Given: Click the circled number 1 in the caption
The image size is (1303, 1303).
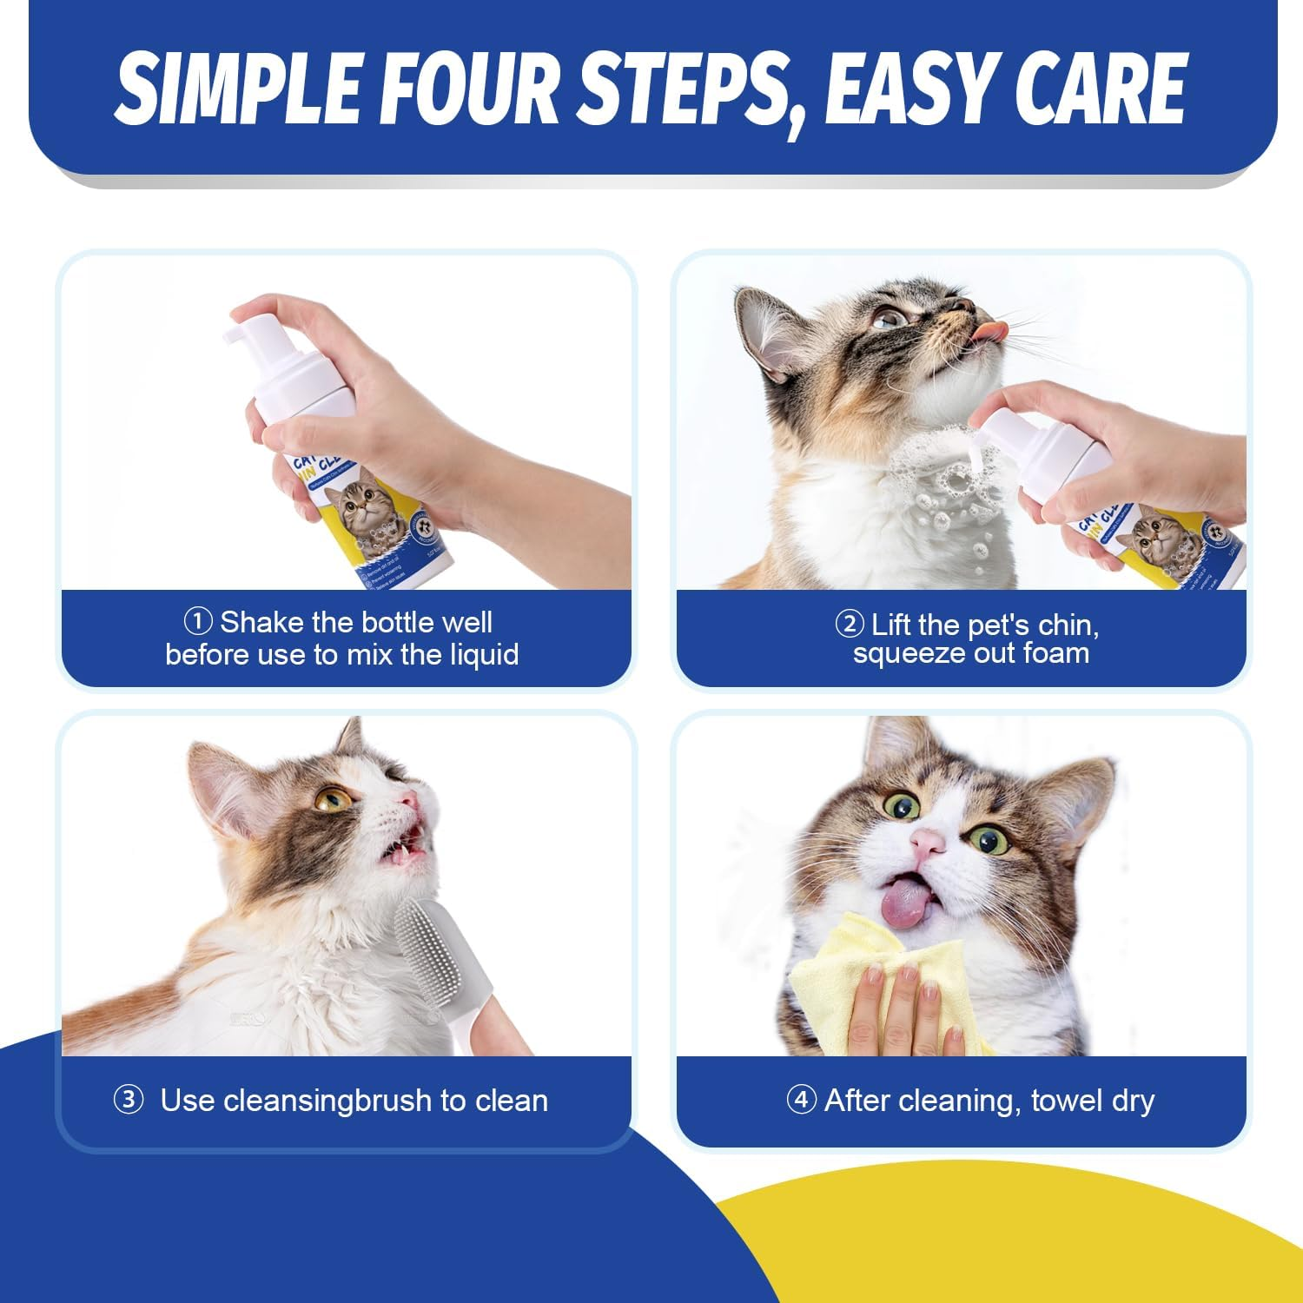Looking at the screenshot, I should [198, 622].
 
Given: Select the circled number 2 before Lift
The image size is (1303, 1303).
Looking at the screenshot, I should [849, 624].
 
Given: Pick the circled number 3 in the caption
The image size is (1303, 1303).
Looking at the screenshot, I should [129, 1100].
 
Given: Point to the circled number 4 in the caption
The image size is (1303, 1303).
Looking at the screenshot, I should [801, 1100].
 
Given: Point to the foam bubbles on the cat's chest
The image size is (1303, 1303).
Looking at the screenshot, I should [947, 486].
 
